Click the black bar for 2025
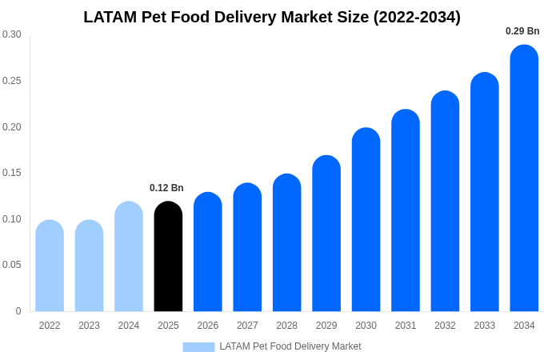pyautogui.click(x=168, y=256)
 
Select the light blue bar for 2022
pyautogui.click(x=50, y=266)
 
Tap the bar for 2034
pyautogui.click(x=524, y=178)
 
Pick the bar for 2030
pyautogui.click(x=366, y=219)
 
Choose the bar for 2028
pyautogui.click(x=287, y=242)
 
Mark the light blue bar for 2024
pyautogui.click(x=129, y=256)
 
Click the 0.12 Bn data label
pyautogui.click(x=166, y=188)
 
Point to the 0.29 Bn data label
pyautogui.click(x=522, y=31)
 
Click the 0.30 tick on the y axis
pyautogui.click(x=12, y=34)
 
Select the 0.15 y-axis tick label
pyautogui.click(x=12, y=173)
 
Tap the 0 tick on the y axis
pyautogui.click(x=18, y=311)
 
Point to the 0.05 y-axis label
pyautogui.click(x=12, y=265)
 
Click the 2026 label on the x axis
pyautogui.click(x=208, y=326)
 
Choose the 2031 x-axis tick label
pyautogui.click(x=406, y=326)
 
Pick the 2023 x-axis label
pyautogui.click(x=89, y=326)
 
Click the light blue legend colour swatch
pyautogui.click(x=198, y=347)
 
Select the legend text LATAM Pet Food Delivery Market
pyautogui.click(x=290, y=346)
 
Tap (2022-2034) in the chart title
pyautogui.click(x=417, y=18)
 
